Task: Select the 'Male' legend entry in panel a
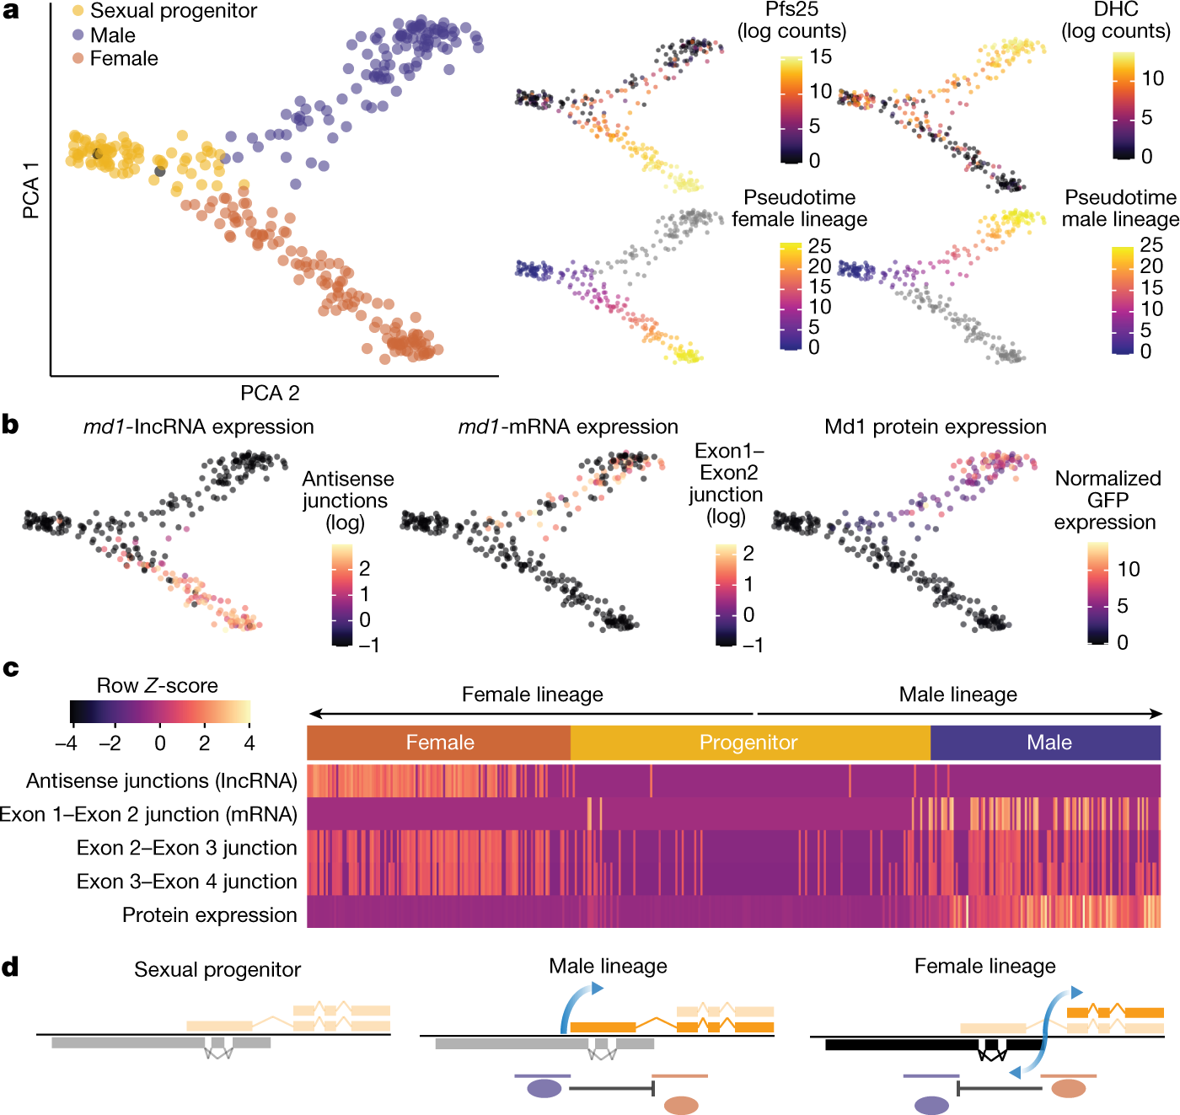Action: tap(112, 35)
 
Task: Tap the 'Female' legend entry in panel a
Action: tap(123, 58)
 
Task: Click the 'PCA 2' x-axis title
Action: tap(270, 393)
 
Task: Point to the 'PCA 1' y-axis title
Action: tap(31, 197)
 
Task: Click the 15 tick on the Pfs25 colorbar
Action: tap(820, 57)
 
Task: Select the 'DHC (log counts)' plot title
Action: tap(1115, 21)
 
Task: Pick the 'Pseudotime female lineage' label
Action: tap(799, 208)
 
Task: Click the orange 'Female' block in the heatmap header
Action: tap(439, 742)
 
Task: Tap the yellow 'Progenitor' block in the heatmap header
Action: tap(748, 742)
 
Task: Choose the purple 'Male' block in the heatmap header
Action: tap(1048, 742)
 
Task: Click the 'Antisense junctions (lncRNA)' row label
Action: tap(162, 780)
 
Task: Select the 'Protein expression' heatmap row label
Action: tap(209, 914)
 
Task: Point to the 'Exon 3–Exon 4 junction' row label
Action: tap(186, 881)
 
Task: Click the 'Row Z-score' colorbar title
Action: tap(157, 685)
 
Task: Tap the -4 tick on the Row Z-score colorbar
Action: tap(67, 743)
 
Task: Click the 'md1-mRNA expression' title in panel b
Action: tap(567, 426)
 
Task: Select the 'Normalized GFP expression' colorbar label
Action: tap(1107, 500)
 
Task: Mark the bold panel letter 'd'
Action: tap(10, 967)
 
